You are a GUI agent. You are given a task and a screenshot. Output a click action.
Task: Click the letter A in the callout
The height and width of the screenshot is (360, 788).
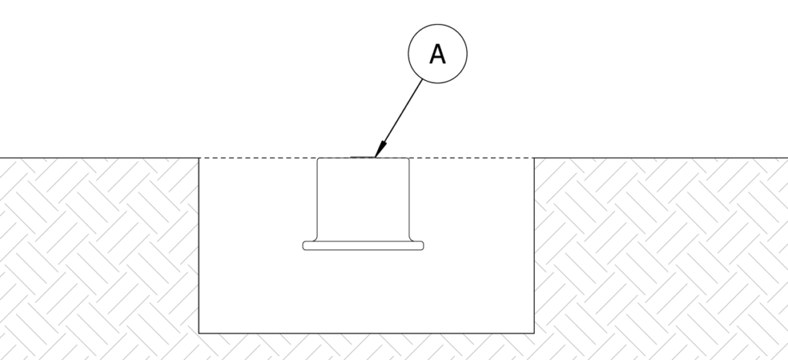click(x=437, y=55)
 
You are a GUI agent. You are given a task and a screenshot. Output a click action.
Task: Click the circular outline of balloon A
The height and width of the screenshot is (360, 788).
click(x=409, y=55)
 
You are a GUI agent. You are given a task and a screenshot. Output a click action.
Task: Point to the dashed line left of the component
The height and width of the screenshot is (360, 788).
click(x=258, y=158)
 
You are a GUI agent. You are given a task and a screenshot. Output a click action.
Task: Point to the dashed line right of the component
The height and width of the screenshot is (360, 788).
click(x=471, y=158)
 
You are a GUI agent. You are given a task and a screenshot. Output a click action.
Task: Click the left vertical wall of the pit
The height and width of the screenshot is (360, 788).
click(x=199, y=246)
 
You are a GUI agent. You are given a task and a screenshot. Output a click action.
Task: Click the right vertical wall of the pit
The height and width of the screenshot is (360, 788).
click(x=534, y=246)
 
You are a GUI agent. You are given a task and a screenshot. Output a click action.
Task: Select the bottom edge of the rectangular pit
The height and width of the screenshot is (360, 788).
click(x=366, y=332)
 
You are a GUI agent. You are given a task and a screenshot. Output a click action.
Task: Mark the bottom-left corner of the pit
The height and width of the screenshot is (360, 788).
click(x=199, y=332)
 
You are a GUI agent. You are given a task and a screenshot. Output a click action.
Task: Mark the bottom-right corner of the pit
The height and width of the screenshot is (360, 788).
click(x=534, y=332)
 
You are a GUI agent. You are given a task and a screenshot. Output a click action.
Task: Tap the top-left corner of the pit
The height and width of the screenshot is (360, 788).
click(x=199, y=158)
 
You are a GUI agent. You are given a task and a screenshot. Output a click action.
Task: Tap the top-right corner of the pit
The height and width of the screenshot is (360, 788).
click(x=534, y=158)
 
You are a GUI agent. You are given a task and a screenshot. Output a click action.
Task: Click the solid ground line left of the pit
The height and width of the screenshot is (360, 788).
click(x=100, y=158)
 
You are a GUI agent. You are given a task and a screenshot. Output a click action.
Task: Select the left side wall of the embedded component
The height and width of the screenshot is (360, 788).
click(x=319, y=196)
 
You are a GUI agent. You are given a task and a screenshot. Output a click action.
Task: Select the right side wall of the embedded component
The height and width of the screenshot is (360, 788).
click(x=409, y=196)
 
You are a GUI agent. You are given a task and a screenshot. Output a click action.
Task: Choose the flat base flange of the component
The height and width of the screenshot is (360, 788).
click(x=363, y=246)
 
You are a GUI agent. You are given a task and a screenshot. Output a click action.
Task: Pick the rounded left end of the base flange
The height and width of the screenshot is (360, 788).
click(x=304, y=246)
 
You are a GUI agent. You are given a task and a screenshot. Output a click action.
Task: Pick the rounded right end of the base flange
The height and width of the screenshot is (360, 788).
click(x=422, y=246)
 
